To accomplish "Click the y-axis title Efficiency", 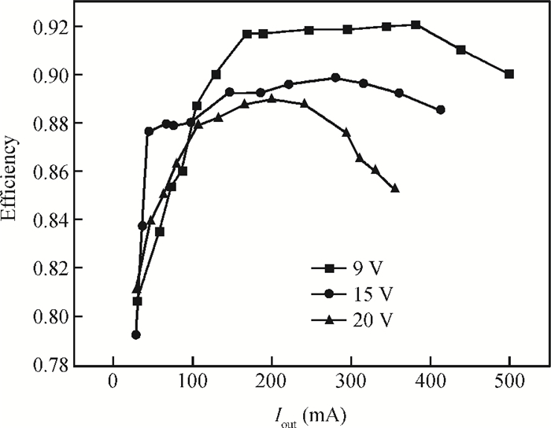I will point(10,183).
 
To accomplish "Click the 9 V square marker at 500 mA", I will point(509,74).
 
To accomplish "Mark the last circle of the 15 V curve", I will point(440,109).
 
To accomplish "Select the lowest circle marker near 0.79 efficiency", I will point(135,334).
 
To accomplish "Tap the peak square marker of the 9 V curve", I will point(416,25).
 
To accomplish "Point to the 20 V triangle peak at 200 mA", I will point(272,99).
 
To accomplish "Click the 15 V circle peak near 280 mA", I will point(336,78).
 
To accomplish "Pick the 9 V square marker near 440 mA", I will point(460,50).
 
